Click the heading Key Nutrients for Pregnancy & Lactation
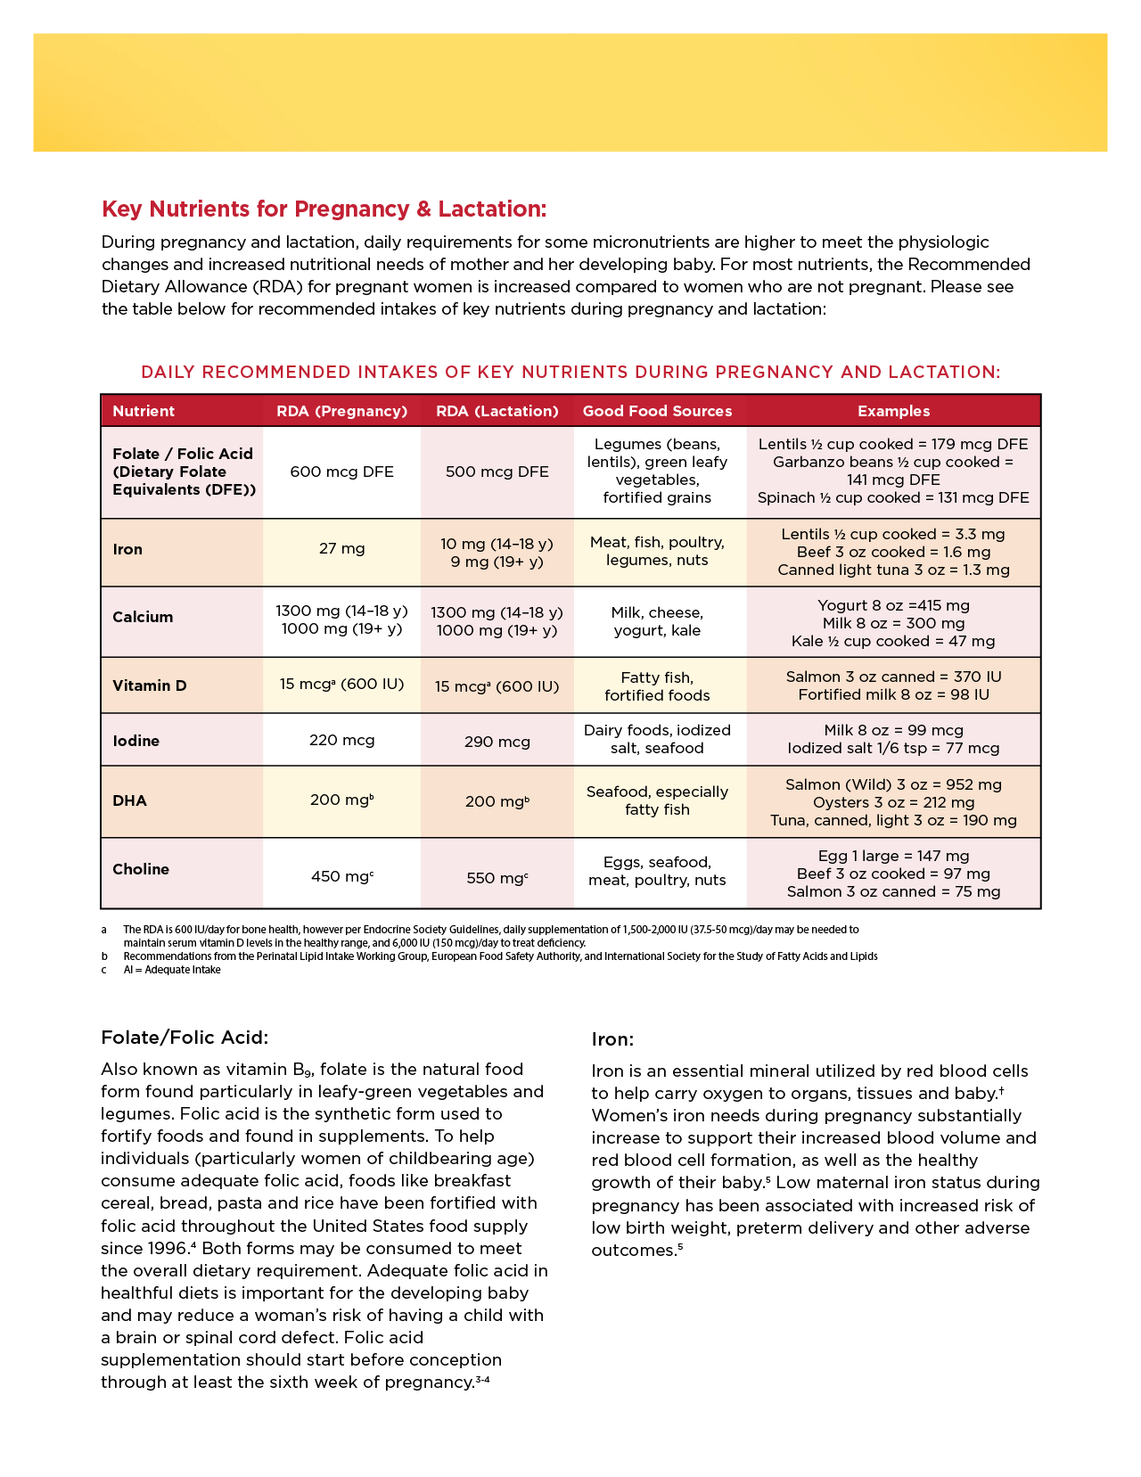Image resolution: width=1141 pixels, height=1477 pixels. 324,209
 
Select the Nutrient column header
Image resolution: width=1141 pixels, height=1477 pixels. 144,411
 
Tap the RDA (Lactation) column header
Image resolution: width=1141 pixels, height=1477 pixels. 497,411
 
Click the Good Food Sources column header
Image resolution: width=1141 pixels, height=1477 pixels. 657,411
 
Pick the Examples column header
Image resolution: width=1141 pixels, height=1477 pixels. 893,411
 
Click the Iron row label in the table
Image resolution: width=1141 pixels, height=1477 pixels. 127,549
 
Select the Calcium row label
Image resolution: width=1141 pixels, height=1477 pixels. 143,617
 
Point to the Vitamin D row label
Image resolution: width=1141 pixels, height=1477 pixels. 150,685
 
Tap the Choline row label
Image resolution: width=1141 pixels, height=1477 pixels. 141,869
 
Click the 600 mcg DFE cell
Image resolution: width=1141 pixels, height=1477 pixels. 341,472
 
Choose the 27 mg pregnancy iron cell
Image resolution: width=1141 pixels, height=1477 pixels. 341,548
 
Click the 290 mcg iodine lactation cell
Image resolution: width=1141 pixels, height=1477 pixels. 497,742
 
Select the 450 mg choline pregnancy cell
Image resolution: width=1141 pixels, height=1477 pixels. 341,876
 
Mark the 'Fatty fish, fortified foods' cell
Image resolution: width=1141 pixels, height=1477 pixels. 657,686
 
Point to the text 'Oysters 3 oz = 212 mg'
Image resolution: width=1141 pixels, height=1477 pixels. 893,802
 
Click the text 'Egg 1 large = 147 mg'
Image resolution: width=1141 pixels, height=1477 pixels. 893,856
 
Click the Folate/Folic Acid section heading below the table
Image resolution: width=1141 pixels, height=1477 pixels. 185,1038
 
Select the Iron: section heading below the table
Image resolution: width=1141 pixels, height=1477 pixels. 612,1039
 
